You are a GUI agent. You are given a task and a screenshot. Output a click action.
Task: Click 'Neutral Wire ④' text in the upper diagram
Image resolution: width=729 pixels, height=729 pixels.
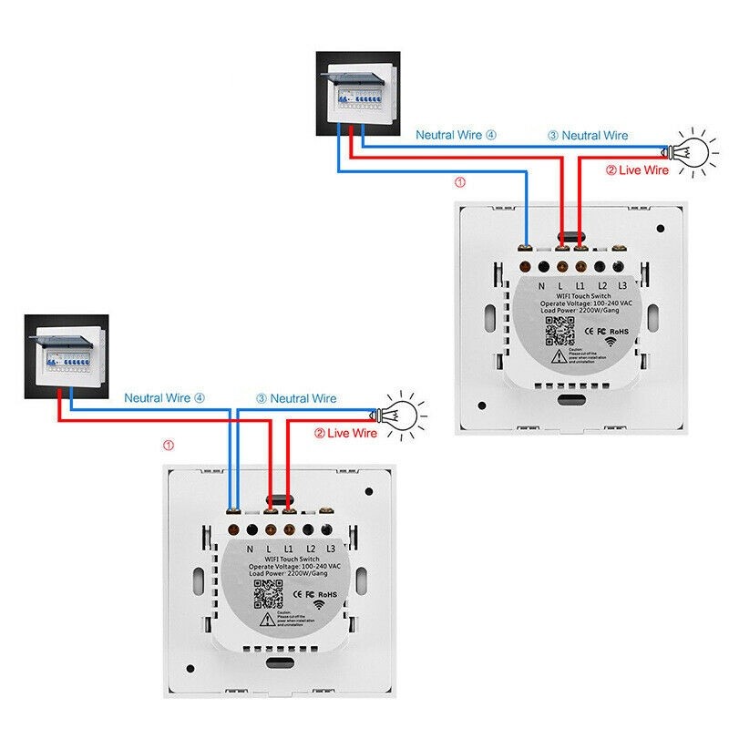point(457,135)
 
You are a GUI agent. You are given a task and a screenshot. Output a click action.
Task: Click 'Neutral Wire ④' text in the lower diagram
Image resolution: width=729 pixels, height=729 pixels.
point(165,398)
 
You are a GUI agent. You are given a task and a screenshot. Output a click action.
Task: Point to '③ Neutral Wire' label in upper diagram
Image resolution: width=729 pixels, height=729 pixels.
point(588,135)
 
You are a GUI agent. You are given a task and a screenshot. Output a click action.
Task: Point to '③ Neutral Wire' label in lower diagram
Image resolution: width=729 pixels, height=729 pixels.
point(295,398)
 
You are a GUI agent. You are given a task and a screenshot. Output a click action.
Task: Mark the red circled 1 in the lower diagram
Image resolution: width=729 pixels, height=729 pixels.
point(168,446)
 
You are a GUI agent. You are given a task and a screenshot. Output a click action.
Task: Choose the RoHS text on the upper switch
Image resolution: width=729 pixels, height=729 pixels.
point(620,332)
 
